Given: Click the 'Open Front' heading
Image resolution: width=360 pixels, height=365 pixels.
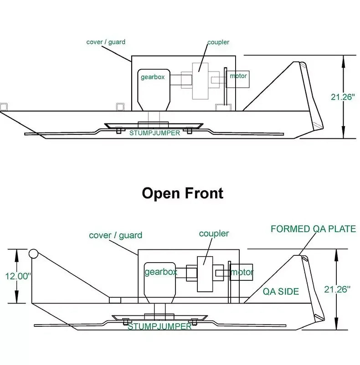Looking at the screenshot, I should tap(183, 193).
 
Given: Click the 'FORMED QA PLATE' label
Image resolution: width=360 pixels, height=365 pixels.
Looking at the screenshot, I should tap(313, 229).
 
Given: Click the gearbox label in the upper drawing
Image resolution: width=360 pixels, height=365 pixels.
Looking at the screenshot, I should tap(152, 77).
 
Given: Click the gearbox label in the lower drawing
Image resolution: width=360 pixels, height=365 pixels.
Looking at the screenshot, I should tap(160, 272).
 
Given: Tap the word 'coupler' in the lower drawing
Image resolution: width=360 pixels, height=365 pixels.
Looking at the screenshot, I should tap(214, 233).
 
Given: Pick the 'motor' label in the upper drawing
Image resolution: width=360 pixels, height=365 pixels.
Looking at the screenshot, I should tap(238, 76).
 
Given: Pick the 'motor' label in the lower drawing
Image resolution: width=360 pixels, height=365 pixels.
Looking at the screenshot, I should tap(242, 272).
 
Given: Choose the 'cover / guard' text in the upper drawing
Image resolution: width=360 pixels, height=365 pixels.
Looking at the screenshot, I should tap(106, 42).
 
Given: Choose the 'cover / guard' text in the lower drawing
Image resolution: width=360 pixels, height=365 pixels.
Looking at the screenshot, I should tap(115, 235).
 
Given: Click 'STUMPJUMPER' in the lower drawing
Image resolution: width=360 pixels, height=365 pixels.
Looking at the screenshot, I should tap(159, 326).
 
